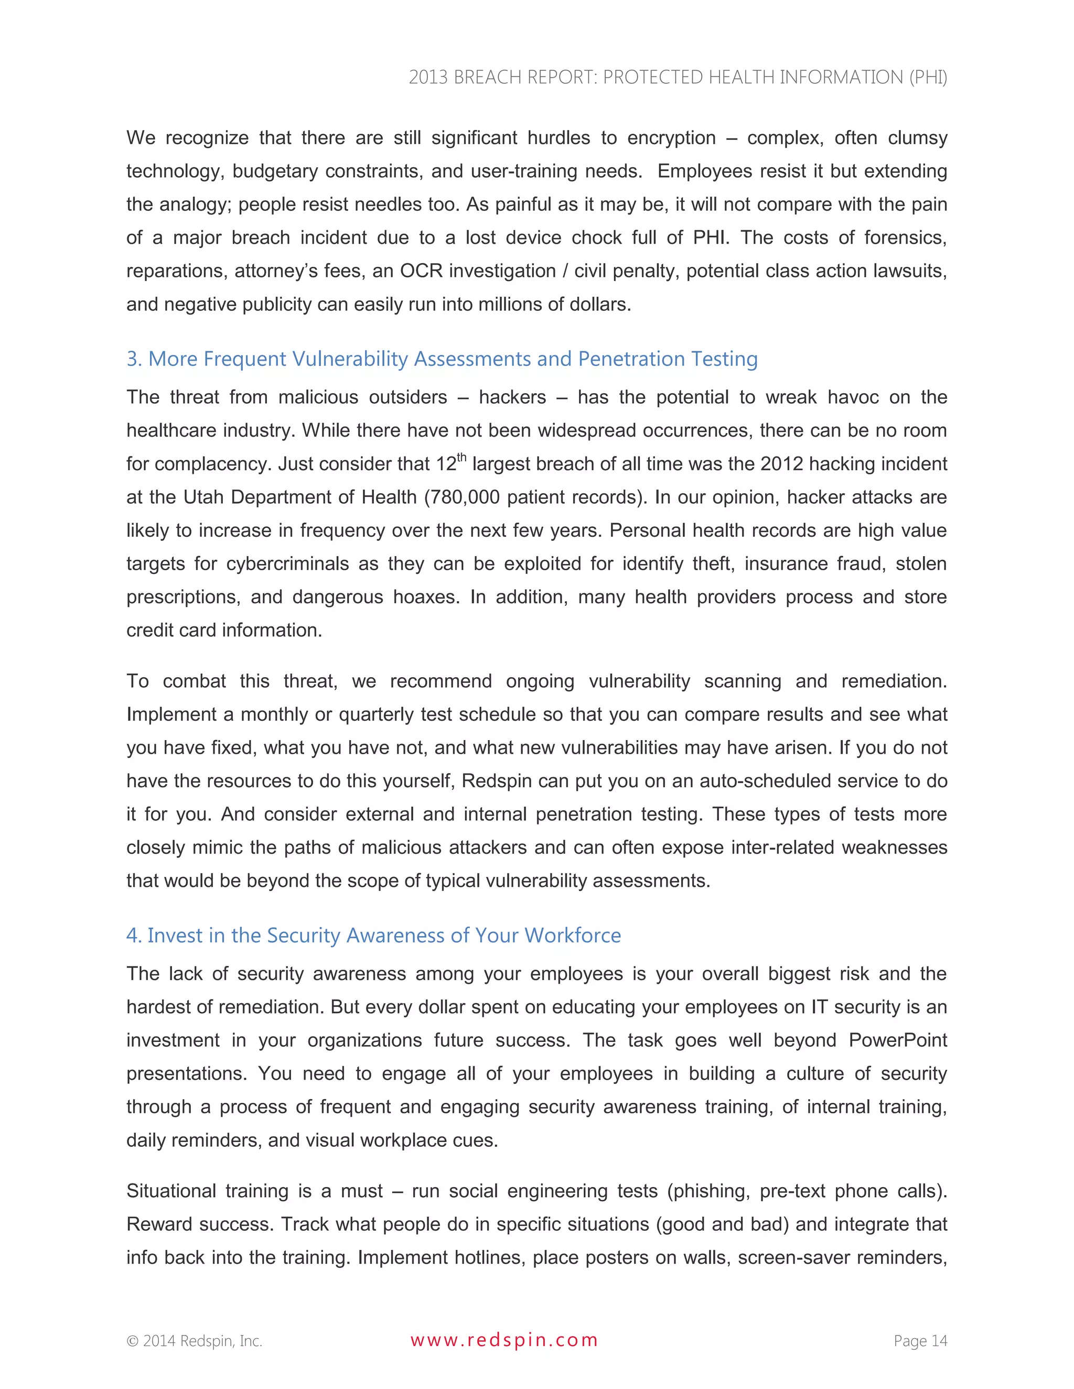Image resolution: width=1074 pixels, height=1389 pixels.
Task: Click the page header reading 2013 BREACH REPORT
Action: pyautogui.click(x=678, y=77)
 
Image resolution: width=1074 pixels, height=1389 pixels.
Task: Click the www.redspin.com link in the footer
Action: pyautogui.click(x=504, y=1340)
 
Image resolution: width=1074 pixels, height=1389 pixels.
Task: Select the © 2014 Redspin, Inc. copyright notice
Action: pyautogui.click(x=194, y=1341)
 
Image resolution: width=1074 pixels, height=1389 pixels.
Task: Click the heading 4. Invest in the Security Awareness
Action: pyautogui.click(x=373, y=935)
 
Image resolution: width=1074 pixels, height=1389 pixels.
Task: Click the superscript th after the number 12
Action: pyautogui.click(x=462, y=457)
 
